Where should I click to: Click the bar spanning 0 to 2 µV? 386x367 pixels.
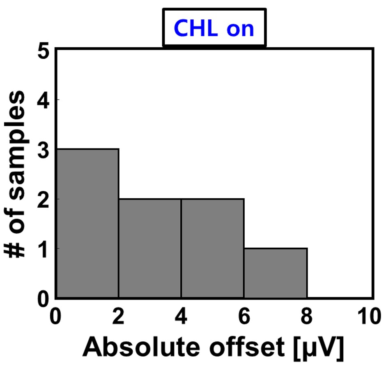[x=87, y=223]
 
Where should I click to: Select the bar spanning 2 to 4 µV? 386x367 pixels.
[x=150, y=248]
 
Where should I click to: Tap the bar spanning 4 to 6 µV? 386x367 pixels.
[x=213, y=248]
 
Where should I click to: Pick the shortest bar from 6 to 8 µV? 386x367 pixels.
[x=276, y=273]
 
